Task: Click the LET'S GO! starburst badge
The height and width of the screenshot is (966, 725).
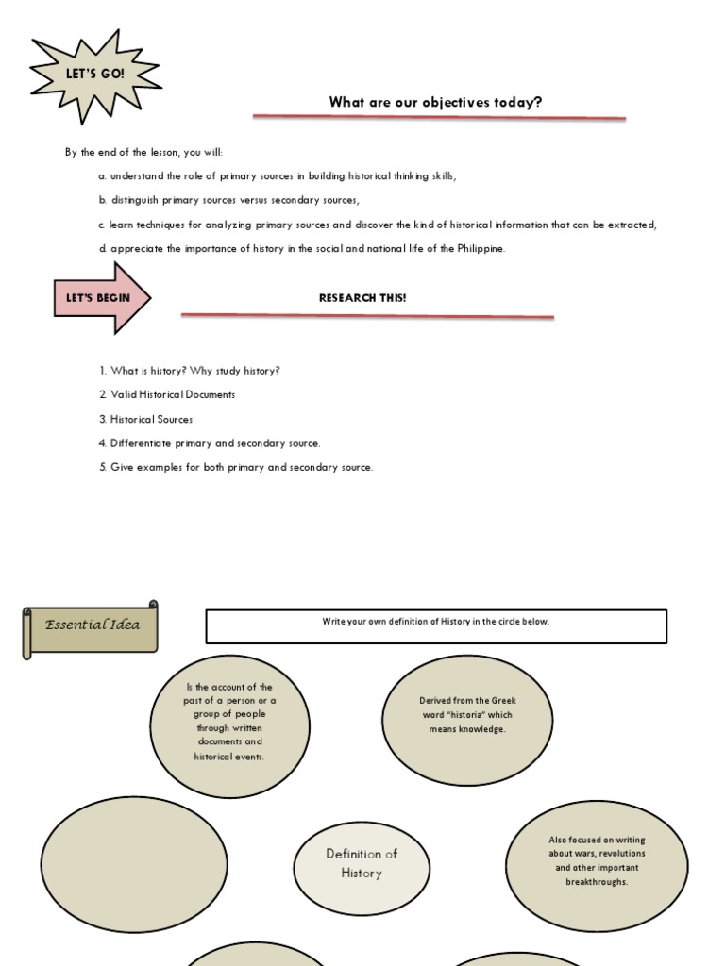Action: (x=94, y=74)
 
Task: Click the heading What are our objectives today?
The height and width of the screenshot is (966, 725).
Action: (x=435, y=102)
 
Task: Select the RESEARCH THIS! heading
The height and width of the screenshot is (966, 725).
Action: (x=362, y=298)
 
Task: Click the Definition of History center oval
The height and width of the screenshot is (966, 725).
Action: (x=362, y=863)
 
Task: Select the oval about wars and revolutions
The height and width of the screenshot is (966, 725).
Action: (x=597, y=859)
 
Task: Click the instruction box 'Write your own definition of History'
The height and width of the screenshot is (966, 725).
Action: (x=436, y=625)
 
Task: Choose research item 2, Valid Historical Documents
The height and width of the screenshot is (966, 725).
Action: (x=167, y=394)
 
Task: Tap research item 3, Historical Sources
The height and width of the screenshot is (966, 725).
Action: (x=151, y=419)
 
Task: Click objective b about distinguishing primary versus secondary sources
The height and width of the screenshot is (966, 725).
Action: (x=228, y=200)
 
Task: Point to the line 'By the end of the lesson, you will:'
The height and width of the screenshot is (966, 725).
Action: (x=143, y=152)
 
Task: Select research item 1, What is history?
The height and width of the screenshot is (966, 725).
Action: (x=189, y=371)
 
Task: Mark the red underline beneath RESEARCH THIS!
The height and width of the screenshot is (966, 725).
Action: (x=367, y=316)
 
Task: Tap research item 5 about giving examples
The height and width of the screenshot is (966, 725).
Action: (x=236, y=467)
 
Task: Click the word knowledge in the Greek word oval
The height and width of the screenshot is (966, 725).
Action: (x=485, y=729)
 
